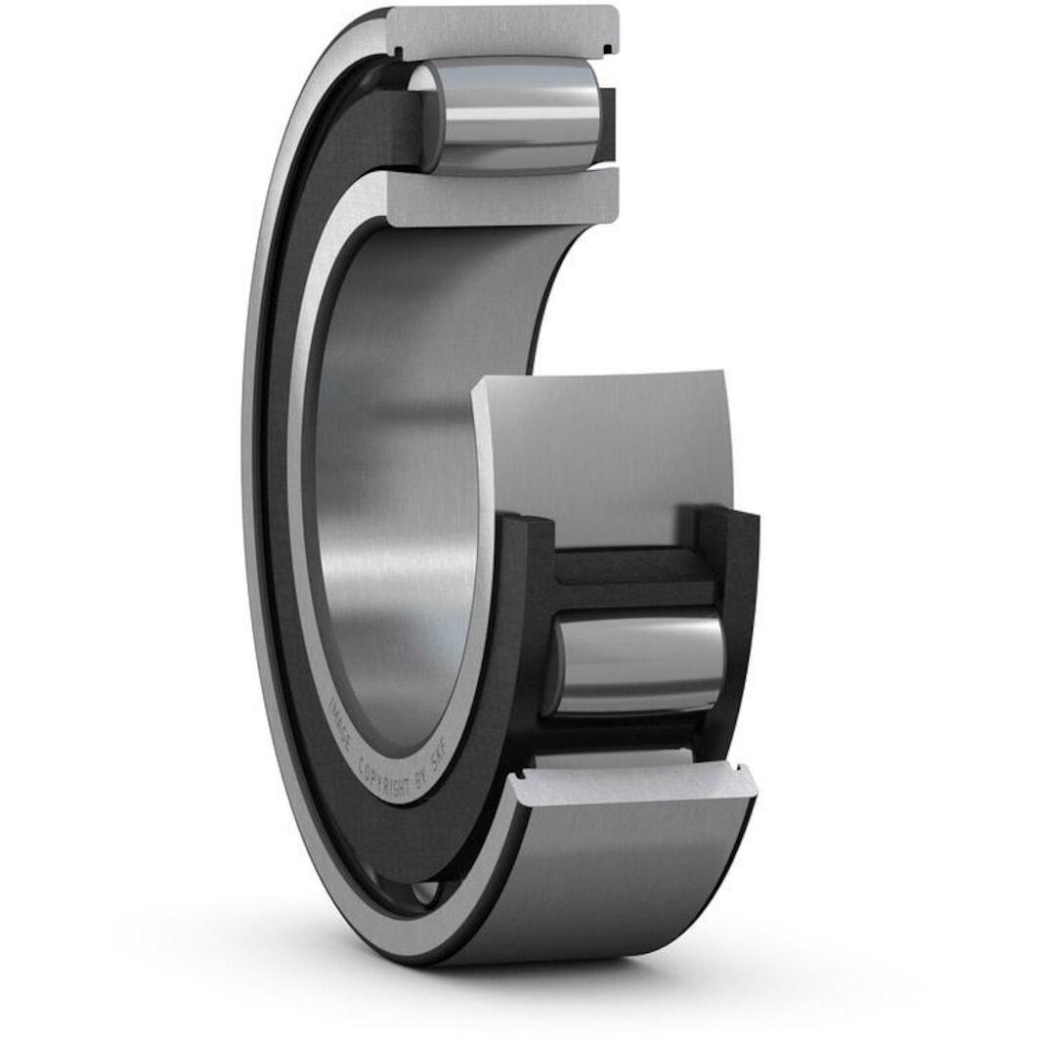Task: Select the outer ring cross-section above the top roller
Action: coord(503,29)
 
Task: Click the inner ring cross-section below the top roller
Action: coord(503,197)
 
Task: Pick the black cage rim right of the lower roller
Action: coord(738,635)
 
